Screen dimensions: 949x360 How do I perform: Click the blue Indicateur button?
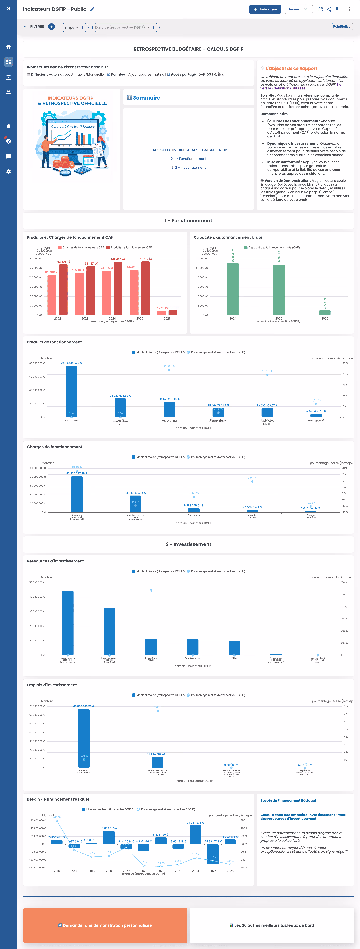[x=265, y=9]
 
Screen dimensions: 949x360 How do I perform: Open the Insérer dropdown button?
[x=298, y=9]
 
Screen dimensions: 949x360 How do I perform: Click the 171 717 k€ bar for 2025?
[x=146, y=288]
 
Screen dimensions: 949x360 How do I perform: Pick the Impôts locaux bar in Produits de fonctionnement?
[x=71, y=391]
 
